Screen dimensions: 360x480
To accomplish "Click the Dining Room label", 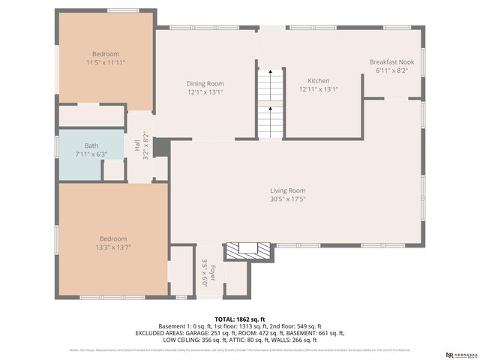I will click(x=205, y=83).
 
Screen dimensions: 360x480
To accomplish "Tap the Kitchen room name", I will click(x=319, y=80).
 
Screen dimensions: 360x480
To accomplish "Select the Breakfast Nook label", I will click(x=391, y=61).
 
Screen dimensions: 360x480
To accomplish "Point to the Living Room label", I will click(x=288, y=190).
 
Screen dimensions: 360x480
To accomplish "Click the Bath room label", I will click(x=91, y=145).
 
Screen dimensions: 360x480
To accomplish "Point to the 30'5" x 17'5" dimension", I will click(x=288, y=199).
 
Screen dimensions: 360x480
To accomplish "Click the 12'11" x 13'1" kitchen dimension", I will click(x=319, y=89).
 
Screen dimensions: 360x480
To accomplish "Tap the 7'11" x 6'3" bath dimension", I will click(x=91, y=154).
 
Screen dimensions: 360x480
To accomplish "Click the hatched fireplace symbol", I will click(x=247, y=250).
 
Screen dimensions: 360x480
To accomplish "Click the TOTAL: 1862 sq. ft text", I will click(x=239, y=318).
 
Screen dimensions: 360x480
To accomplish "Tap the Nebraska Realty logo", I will click(x=460, y=354).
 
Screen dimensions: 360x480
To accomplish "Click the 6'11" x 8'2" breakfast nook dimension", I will click(x=391, y=70).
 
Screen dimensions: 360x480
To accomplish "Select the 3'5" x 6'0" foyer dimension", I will click(x=204, y=274).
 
